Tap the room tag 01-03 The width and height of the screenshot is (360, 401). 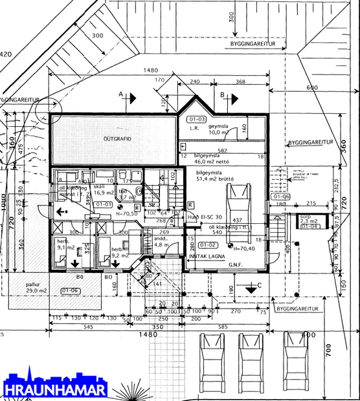click(196, 120)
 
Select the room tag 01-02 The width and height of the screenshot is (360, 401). click(208, 244)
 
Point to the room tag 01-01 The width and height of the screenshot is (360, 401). click(104, 204)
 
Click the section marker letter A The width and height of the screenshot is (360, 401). click(120, 94)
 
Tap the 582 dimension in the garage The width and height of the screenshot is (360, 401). click(221, 150)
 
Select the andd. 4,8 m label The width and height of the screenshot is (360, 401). click(162, 241)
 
